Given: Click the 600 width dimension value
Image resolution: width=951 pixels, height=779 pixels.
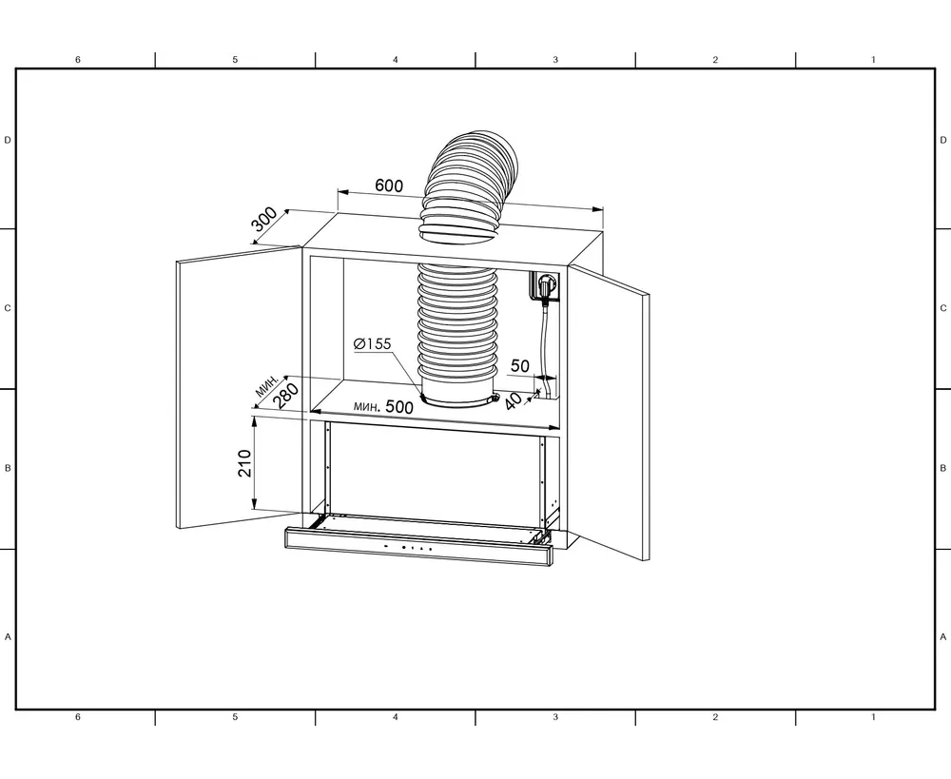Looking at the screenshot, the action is [x=389, y=185].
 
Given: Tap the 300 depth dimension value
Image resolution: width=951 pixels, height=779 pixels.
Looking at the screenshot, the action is [x=265, y=219].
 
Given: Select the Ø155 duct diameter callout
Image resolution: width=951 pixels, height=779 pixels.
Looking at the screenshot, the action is [x=373, y=344].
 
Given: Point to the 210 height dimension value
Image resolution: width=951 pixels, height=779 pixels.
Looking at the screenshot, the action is [x=244, y=463].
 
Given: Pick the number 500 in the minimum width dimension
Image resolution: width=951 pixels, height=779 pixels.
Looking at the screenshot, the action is [x=399, y=407].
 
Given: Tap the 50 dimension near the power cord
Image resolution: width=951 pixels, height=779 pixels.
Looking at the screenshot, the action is [x=520, y=366].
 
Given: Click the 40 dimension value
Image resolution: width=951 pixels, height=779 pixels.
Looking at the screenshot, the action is [x=514, y=401].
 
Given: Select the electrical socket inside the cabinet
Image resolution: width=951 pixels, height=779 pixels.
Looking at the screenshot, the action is [x=545, y=285].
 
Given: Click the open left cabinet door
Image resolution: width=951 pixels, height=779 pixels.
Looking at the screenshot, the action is [x=239, y=387].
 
